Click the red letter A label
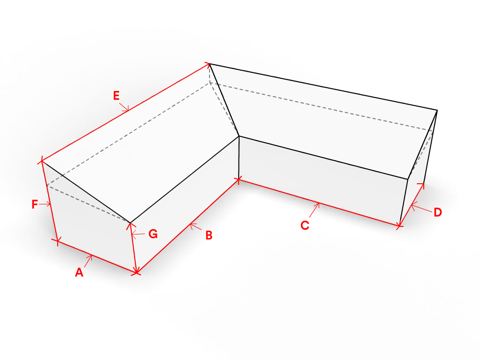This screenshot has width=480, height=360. (x=79, y=272)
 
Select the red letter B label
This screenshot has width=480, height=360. (x=209, y=235)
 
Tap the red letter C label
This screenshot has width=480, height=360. (x=305, y=225)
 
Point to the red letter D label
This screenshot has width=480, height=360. (x=438, y=212)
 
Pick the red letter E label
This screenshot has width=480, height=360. (x=116, y=96)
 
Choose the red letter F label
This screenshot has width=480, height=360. (x=35, y=204)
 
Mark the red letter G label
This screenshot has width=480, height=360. (x=153, y=234)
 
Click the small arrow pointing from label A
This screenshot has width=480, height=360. (x=88, y=261)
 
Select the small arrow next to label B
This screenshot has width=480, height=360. (x=195, y=226)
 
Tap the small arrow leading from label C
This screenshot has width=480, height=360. (x=315, y=210)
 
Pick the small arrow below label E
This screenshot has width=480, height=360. (x=124, y=106)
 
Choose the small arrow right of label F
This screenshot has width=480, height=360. (x=45, y=204)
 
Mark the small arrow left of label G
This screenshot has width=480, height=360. (x=138, y=234)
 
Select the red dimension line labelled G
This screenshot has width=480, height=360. (x=134, y=247)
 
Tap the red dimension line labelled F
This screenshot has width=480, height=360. (x=50, y=201)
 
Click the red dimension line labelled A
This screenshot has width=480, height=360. (x=97, y=257)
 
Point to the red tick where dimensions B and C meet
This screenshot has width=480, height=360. (x=239, y=180)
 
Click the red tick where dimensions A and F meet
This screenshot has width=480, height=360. (x=58, y=241)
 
